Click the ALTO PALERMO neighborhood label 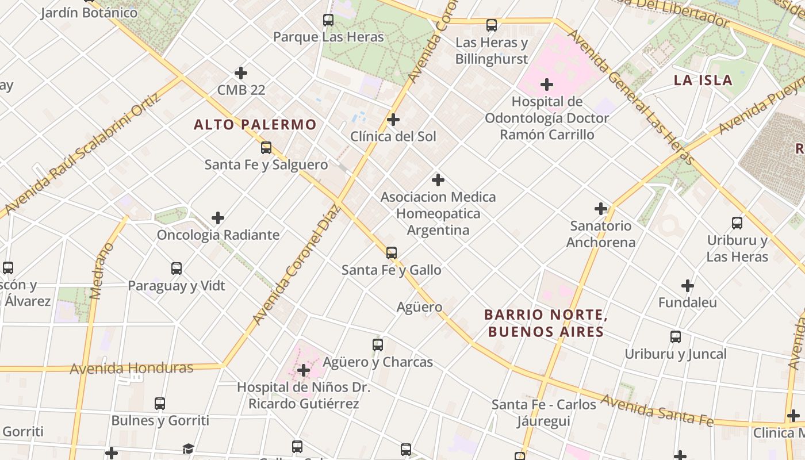click(x=255, y=124)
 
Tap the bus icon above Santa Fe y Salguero click(x=266, y=148)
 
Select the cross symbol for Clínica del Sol click(x=393, y=120)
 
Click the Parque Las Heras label click(x=328, y=37)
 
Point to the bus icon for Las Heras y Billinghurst click(x=491, y=25)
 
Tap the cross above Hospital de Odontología click(x=546, y=85)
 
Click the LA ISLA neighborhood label click(x=703, y=80)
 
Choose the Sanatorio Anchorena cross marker click(x=601, y=209)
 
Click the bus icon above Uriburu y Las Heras click(x=737, y=223)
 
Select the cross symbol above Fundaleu click(x=687, y=285)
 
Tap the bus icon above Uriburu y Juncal click(x=675, y=337)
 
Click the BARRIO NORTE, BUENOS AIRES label click(x=545, y=323)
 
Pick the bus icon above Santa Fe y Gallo click(x=391, y=252)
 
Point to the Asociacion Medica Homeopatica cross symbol click(x=438, y=180)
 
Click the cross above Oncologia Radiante click(x=218, y=218)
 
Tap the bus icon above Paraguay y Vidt click(x=177, y=269)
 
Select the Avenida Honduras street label click(x=131, y=368)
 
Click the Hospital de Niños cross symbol click(x=303, y=370)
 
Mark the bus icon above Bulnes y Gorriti click(x=160, y=404)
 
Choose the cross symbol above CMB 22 click(x=241, y=73)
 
